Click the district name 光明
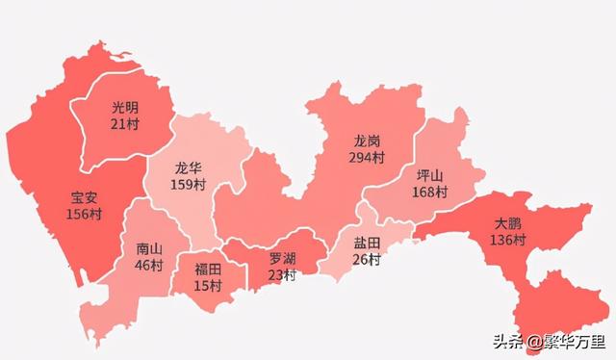tap(125, 108)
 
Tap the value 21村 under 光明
tap(125, 123)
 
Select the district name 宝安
tap(84, 198)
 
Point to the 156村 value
tap(84, 214)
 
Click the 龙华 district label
tap(189, 167)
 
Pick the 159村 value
tap(189, 183)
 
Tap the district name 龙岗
tap(367, 141)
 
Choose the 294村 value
tap(367, 156)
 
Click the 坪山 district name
tap(429, 176)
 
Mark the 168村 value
tap(429, 192)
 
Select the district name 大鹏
tap(507, 224)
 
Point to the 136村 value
tap(507, 240)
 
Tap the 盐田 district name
tap(367, 244)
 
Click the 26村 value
tap(367, 259)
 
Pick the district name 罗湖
tap(282, 259)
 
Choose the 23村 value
tap(282, 274)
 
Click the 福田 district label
tap(208, 270)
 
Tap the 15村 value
tap(208, 285)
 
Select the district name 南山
tap(149, 248)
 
